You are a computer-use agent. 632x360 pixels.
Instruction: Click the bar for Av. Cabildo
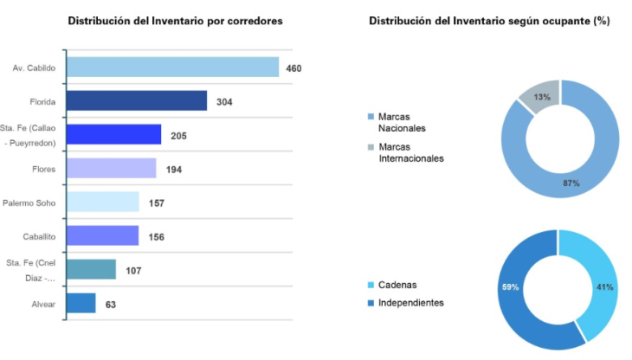click(172, 67)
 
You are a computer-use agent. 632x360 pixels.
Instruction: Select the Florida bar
click(137, 101)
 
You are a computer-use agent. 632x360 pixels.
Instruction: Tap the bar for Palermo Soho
click(102, 202)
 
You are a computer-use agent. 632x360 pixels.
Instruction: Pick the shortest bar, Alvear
click(81, 304)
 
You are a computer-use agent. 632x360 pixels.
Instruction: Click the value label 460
click(293, 67)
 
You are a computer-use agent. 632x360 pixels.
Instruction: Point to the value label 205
click(178, 135)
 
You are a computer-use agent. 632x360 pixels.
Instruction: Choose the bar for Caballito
click(102, 236)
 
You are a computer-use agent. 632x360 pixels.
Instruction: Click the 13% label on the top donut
click(542, 97)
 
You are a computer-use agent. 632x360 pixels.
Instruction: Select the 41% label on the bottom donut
click(604, 286)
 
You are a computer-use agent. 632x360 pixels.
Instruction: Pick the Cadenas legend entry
click(400, 285)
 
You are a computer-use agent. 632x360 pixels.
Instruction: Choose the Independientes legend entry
click(411, 302)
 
